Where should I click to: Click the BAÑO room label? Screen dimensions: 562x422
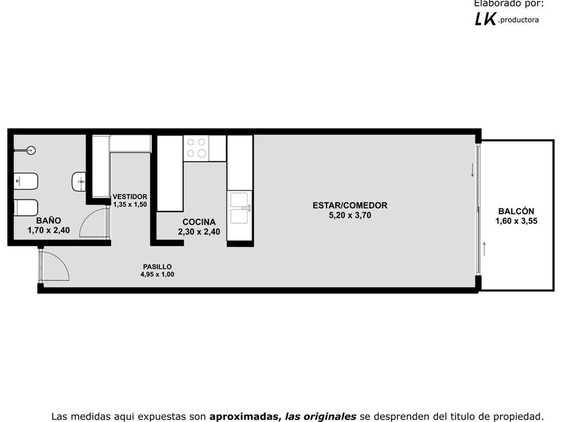(48, 220)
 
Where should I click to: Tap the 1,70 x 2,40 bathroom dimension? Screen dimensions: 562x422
(49, 230)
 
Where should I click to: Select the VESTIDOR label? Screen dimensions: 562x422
(130, 197)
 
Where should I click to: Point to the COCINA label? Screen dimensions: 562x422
(199, 222)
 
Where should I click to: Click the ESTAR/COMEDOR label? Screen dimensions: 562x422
(350, 205)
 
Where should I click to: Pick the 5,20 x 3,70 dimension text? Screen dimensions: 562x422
(350, 215)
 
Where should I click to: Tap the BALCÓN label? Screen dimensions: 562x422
(516, 211)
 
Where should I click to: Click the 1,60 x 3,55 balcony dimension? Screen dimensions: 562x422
(516, 221)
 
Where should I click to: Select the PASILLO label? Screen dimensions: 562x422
(157, 267)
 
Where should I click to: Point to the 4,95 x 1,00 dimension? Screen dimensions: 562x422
(157, 275)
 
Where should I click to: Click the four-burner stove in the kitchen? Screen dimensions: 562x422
(197, 148)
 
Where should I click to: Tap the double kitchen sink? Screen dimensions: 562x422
(240, 208)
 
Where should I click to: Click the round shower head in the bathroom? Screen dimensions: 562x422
(31, 150)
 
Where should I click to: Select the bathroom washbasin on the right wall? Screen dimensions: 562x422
(79, 182)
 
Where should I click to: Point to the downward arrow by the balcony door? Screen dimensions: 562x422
(472, 170)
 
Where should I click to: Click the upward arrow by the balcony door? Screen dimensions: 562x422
(484, 249)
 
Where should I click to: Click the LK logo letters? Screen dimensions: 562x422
(486, 19)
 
